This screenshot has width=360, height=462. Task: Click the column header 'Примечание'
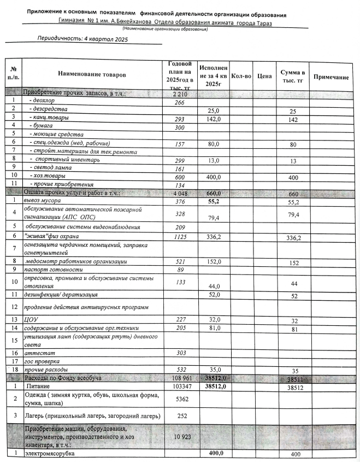point(331,78)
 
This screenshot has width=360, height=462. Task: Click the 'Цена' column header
point(264,77)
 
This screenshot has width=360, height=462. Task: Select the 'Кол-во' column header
point(241,77)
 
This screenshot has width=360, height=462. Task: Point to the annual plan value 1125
point(179,236)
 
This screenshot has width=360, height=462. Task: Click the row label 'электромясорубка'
point(48,454)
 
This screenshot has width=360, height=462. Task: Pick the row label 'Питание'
point(39,387)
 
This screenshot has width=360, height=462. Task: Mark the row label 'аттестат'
point(36,354)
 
